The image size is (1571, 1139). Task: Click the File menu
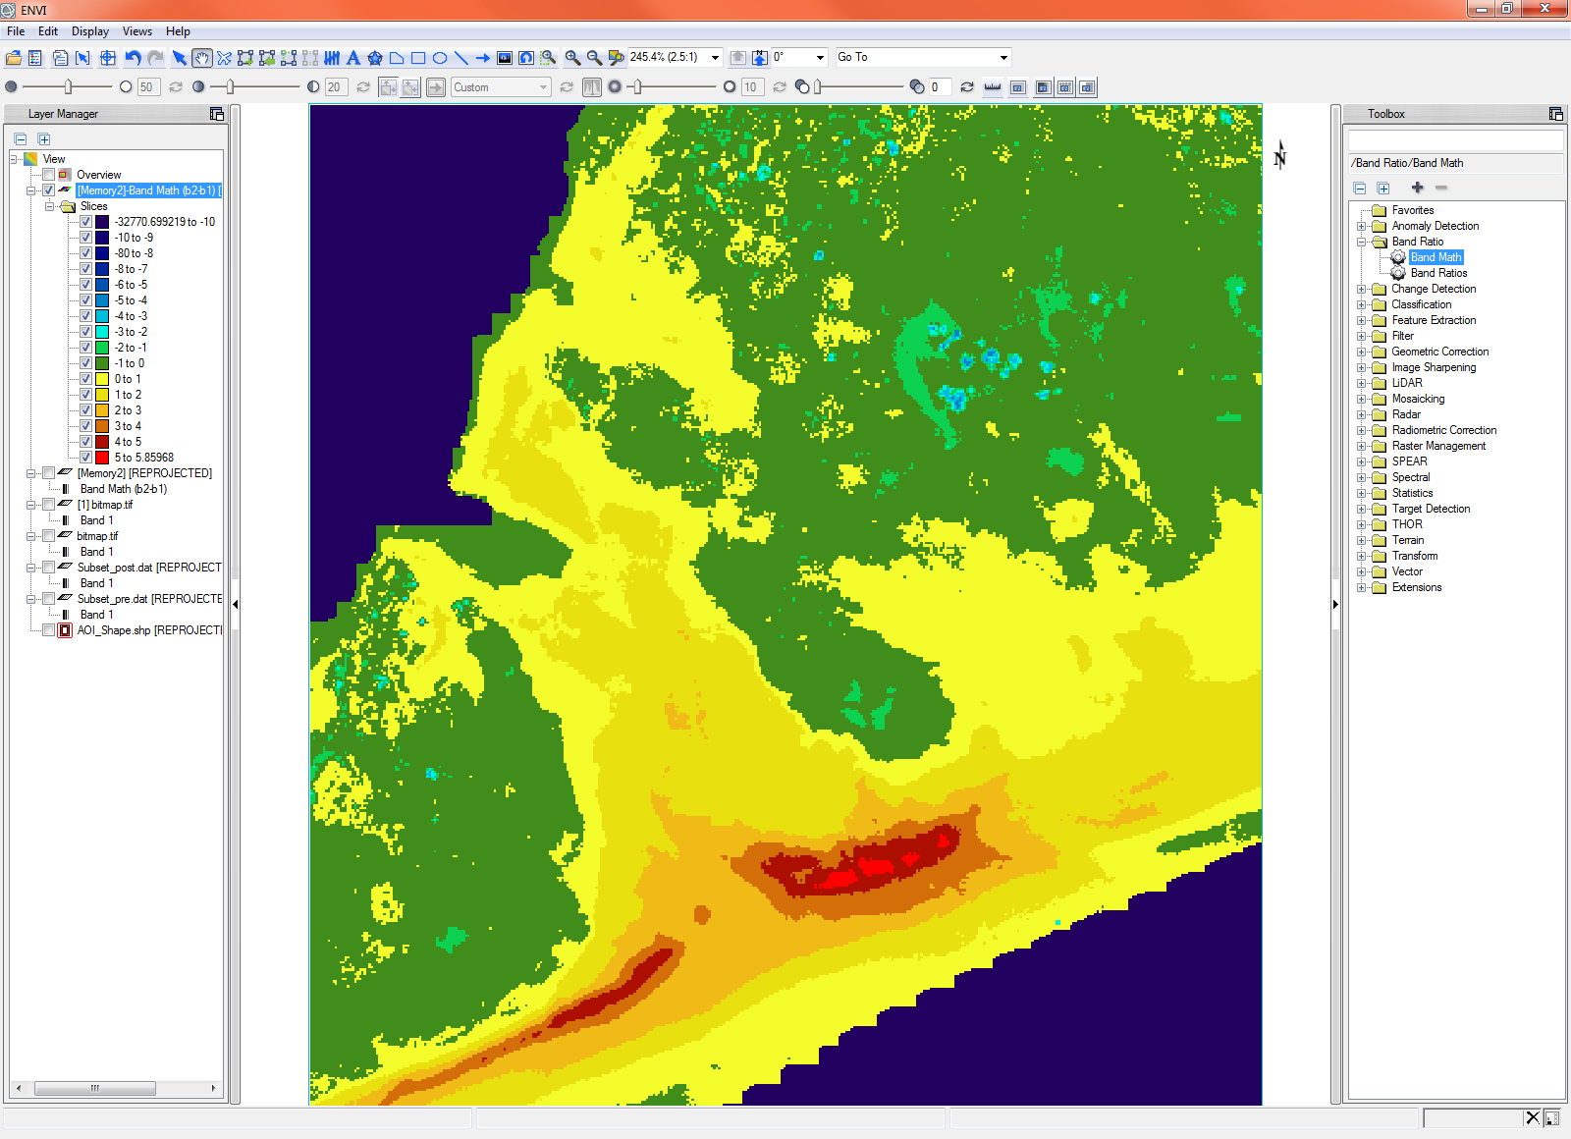pos(16,31)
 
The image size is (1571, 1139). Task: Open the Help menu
pos(178,31)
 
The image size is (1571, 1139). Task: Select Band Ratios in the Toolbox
pos(1438,273)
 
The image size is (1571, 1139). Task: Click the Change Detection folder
pos(1433,289)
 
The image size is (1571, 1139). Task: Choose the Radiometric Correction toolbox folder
pos(1443,430)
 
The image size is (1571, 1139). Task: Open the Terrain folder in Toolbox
pos(1407,540)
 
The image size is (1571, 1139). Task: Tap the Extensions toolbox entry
pos(1416,587)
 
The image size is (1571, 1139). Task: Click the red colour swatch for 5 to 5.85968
pos(102,458)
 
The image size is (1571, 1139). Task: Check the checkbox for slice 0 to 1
pos(86,379)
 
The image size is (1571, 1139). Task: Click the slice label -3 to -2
pos(131,332)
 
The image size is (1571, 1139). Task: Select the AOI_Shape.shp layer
pos(149,630)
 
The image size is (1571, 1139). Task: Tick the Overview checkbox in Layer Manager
pos(48,175)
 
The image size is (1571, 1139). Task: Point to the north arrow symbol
pos(1279,155)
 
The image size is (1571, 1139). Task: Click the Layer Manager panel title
pos(63,114)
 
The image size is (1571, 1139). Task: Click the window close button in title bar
pos(1544,9)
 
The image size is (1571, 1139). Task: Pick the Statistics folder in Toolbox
pos(1412,493)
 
